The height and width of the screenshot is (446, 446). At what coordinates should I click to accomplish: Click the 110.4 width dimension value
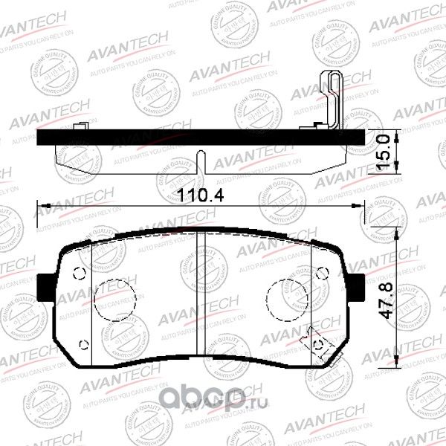[x=200, y=195]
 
